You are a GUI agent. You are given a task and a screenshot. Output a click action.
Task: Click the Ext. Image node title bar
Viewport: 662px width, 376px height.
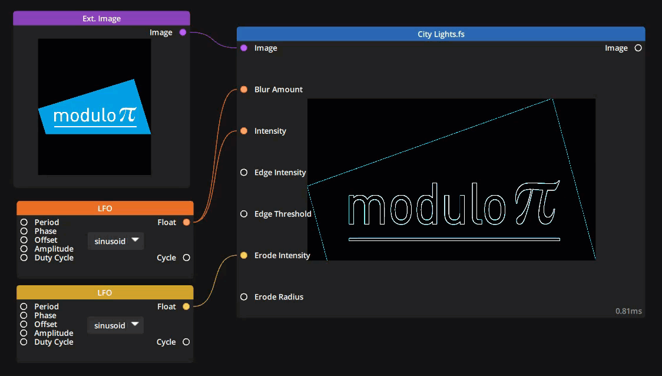pyautogui.click(x=101, y=18)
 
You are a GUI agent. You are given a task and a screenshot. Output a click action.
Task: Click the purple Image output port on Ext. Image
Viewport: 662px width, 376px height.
pyautogui.click(x=183, y=32)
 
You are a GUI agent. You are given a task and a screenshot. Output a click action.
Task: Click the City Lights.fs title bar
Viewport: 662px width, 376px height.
pyautogui.click(x=441, y=34)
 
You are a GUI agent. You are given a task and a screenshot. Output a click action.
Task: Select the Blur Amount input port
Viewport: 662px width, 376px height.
pyautogui.click(x=244, y=90)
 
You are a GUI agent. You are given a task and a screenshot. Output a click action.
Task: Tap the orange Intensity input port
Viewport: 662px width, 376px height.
pyautogui.click(x=244, y=131)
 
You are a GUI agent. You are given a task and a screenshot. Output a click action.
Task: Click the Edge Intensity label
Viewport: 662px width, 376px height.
pyautogui.click(x=280, y=173)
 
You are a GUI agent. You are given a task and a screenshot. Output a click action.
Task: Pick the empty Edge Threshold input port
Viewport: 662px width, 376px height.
pyautogui.click(x=244, y=214)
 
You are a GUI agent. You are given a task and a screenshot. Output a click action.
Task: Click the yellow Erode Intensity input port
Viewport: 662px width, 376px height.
pyautogui.click(x=244, y=255)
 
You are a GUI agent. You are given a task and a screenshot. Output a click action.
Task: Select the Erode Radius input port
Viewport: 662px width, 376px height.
pyautogui.click(x=244, y=296)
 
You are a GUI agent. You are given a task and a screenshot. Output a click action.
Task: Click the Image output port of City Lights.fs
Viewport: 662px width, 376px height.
pyautogui.click(x=638, y=48)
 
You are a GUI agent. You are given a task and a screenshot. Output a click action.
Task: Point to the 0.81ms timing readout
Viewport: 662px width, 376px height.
pyautogui.click(x=628, y=311)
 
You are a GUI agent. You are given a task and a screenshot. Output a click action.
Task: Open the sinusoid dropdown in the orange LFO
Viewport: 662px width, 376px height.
pyautogui.click(x=116, y=240)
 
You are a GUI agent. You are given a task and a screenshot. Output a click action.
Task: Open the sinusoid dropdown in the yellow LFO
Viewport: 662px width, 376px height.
pyautogui.click(x=116, y=325)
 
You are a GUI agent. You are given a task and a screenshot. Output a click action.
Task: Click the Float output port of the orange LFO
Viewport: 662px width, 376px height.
pyautogui.click(x=186, y=222)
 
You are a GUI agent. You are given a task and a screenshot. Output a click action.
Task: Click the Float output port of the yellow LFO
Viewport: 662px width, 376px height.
pyautogui.click(x=186, y=306)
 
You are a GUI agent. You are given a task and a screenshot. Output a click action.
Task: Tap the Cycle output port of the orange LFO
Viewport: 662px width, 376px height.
pyautogui.click(x=186, y=258)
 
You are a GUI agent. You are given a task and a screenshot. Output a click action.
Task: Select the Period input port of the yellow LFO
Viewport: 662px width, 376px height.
pyautogui.click(x=24, y=306)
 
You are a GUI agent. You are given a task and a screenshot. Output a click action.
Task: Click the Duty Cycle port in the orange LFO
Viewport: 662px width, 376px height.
pyautogui.click(x=24, y=258)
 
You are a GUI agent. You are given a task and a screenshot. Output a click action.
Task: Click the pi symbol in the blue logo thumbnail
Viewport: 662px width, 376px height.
pyautogui.click(x=127, y=114)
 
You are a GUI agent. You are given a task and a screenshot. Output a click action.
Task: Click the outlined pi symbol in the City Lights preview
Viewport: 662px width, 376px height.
pyautogui.click(x=535, y=203)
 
